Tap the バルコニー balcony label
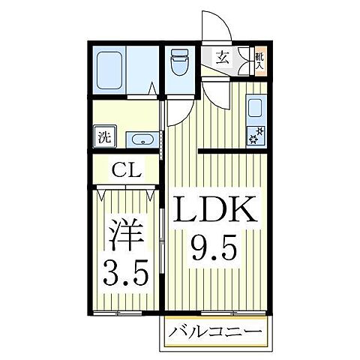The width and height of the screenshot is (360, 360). tap(214, 331)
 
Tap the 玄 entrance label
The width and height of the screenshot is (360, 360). tap(223, 55)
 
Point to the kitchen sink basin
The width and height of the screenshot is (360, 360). tap(254, 109)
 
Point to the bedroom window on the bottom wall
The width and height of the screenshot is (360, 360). tap(119, 313)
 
